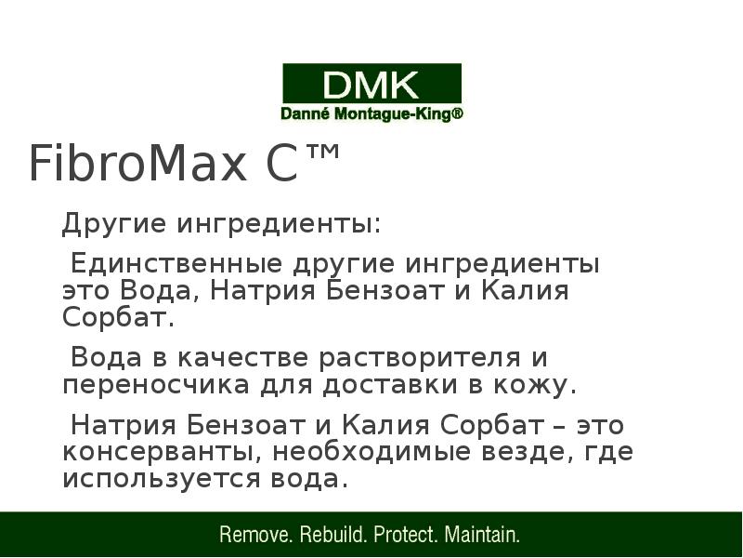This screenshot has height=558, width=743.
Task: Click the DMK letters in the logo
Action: point(371,86)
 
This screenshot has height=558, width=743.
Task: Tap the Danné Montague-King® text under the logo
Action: point(371,114)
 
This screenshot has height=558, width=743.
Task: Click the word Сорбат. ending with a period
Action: point(119,318)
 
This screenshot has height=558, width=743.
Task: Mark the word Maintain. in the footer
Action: point(483,536)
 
